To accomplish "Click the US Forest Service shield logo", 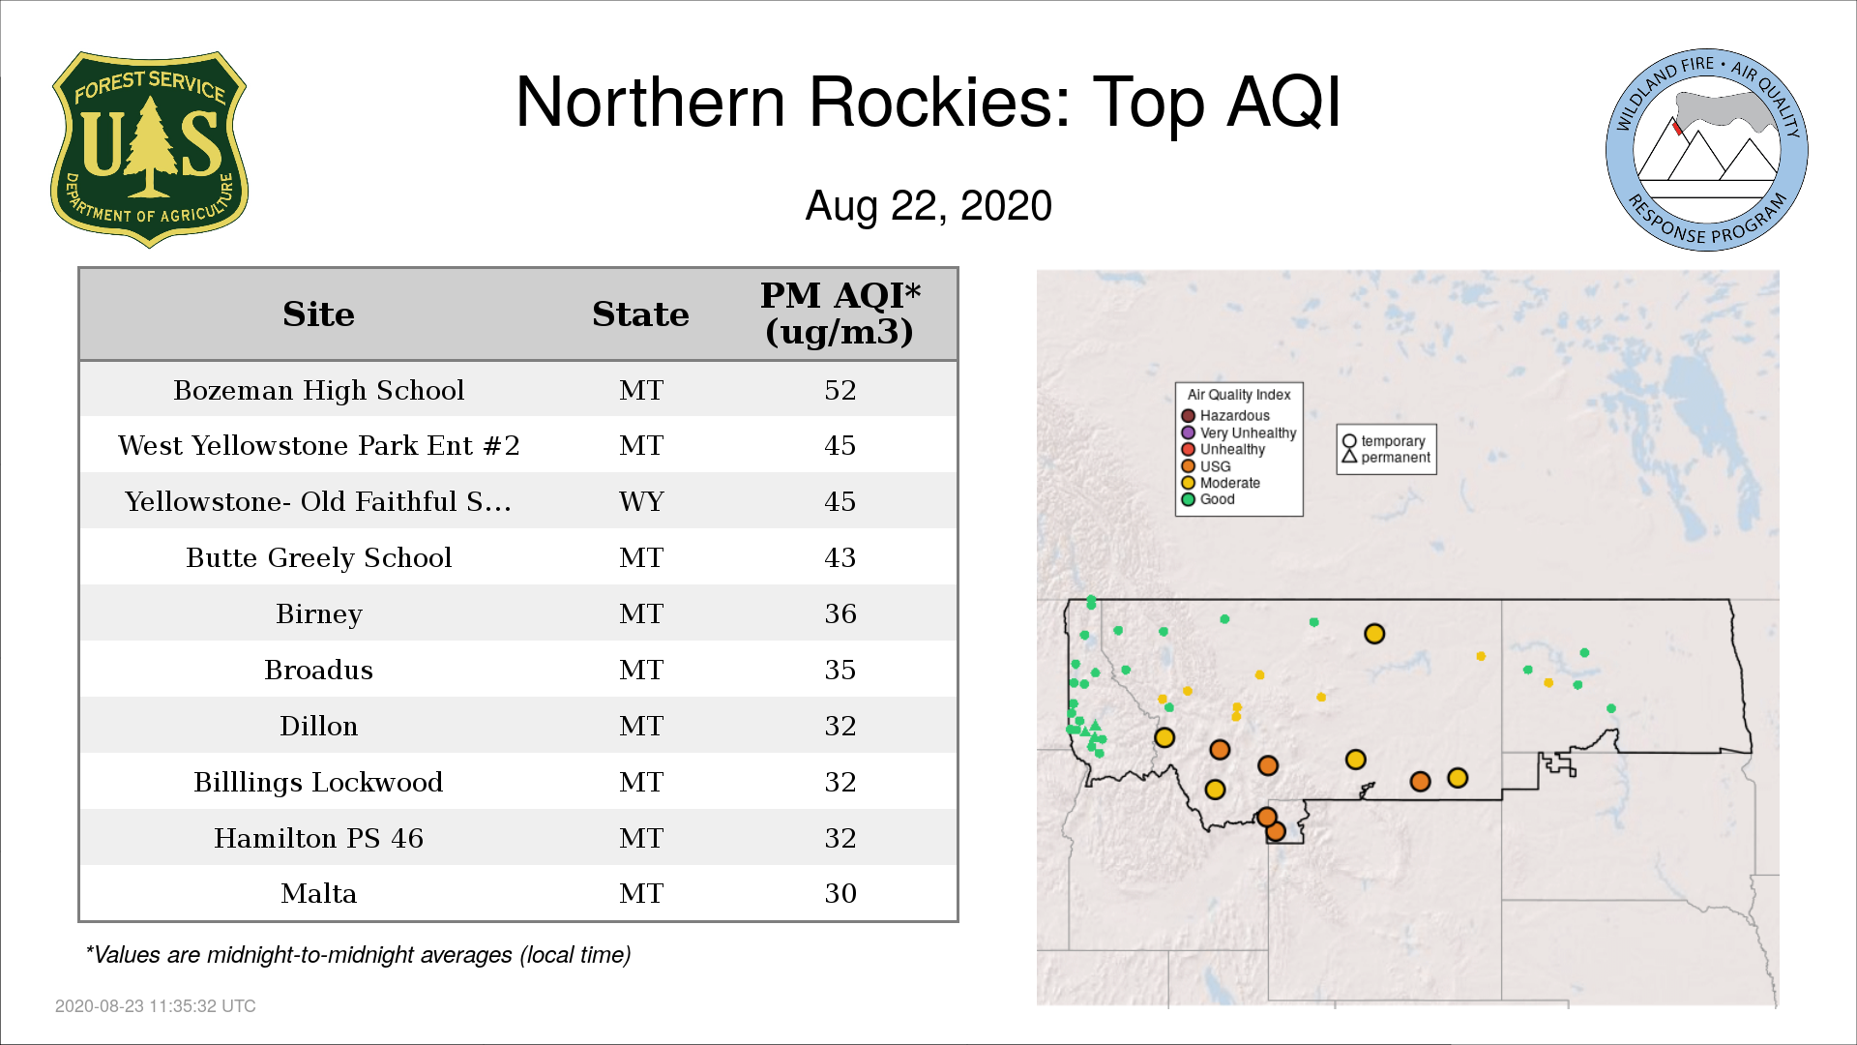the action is [149, 149].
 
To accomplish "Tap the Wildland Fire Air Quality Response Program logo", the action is [1707, 150].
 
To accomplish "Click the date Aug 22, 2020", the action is [928, 206].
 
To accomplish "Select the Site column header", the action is [318, 314].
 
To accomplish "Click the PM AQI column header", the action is [840, 313].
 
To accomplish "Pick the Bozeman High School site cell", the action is [319, 390].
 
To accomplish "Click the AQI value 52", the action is [840, 390].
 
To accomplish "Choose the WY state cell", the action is [641, 501].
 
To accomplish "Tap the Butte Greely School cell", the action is [319, 557].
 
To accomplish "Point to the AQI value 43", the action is [840, 557].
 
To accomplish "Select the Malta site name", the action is [319, 893].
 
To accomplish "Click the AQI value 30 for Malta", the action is [840, 893].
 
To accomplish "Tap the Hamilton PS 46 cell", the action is [319, 838].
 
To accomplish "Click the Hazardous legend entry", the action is [1225, 416].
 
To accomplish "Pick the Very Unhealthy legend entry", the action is [1239, 433].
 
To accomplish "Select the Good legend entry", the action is [1208, 499].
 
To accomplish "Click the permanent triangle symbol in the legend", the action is [1349, 457].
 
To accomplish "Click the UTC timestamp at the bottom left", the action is [156, 1006].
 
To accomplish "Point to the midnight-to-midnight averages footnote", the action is [358, 955].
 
